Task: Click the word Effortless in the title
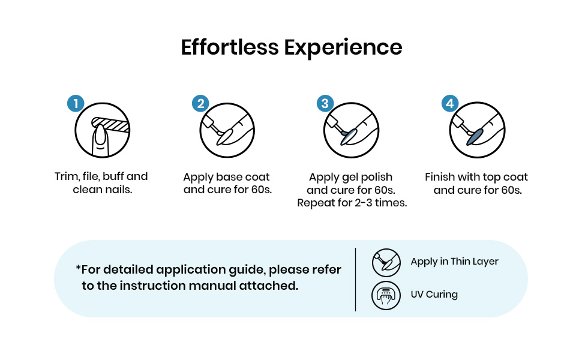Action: [230, 47]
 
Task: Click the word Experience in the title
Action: [343, 48]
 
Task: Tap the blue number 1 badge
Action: [76, 103]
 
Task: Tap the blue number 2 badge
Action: [200, 103]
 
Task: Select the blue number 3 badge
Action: [325, 103]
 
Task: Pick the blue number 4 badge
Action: [450, 103]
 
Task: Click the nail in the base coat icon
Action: [224, 136]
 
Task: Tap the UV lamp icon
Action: [386, 295]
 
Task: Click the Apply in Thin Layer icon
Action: [386, 263]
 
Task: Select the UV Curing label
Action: [434, 295]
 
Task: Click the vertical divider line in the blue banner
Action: [355, 280]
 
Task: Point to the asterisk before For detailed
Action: [78, 267]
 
